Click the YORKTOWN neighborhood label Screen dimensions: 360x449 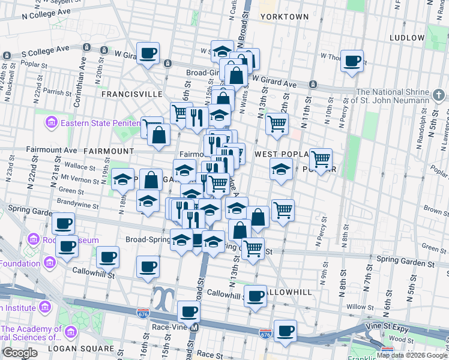click(x=284, y=16)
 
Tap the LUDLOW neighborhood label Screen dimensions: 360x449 click(x=407, y=37)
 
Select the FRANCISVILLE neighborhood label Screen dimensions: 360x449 click(x=131, y=94)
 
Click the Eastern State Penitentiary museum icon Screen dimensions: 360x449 click(x=52, y=123)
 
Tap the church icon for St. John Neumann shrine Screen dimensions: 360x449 click(x=439, y=95)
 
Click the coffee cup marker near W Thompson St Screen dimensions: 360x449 click(x=352, y=60)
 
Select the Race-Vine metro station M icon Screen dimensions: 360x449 click(x=194, y=328)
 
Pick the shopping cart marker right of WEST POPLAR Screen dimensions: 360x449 click(x=321, y=159)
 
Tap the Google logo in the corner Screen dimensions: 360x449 click(x=19, y=353)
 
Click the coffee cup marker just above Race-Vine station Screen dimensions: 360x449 click(x=189, y=311)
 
